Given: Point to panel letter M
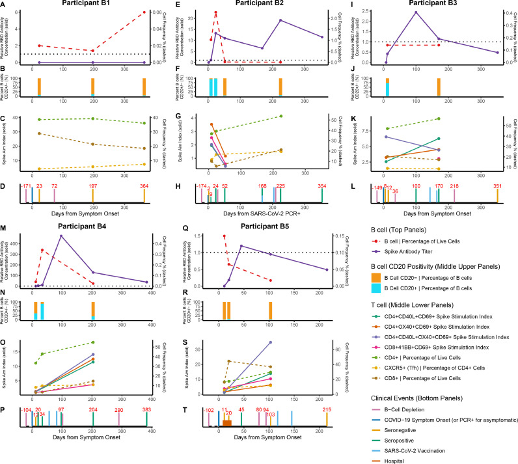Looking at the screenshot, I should pos(5,229).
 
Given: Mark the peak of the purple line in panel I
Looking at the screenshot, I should pos(415,12).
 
